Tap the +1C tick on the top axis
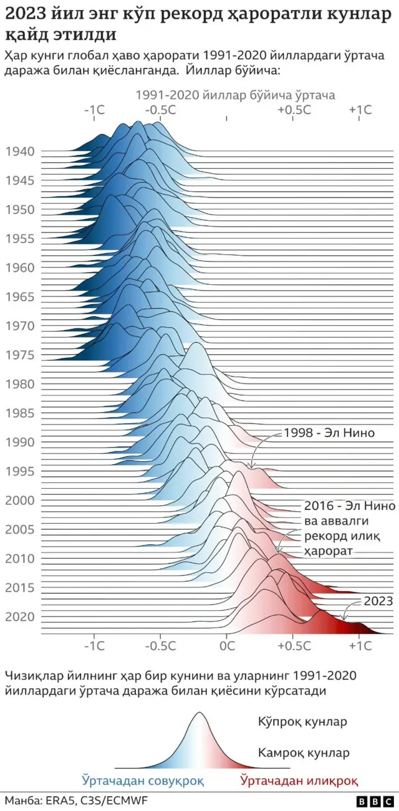point(360,109)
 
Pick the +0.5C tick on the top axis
point(294,109)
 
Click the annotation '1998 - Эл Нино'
point(329,433)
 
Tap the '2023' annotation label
point(378,601)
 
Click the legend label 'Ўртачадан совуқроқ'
point(142,779)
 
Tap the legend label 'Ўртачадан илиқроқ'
point(299,779)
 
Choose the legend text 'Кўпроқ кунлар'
point(302,722)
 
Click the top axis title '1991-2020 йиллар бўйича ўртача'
point(236,95)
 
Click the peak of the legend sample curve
point(199,714)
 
